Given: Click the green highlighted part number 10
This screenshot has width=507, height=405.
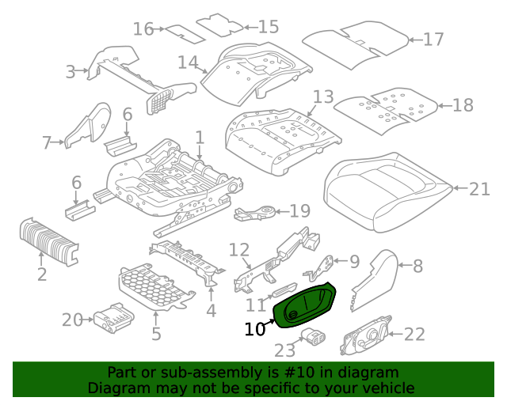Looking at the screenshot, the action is tap(304, 305).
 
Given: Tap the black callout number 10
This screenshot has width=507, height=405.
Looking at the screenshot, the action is tap(255, 329).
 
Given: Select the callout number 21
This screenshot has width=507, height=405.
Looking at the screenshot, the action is tap(479, 189).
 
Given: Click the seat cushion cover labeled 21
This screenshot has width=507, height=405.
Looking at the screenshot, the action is tap(387, 193).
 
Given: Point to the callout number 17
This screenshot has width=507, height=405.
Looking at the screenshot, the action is tap(433, 40).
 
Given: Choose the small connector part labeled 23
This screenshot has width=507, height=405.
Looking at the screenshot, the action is tap(313, 337).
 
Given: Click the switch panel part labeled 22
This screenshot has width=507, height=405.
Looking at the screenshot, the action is tap(366, 335).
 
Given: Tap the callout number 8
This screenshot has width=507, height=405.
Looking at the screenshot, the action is tap(417, 266).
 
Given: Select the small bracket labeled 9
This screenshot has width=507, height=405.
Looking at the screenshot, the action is tap(318, 267).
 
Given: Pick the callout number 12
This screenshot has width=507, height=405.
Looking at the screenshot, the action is tap(239, 250).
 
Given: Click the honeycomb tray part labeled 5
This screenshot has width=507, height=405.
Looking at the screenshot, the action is tap(157, 286).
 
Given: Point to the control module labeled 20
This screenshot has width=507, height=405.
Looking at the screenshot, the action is tap(113, 318).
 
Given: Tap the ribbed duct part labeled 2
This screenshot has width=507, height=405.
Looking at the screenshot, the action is tap(49, 241).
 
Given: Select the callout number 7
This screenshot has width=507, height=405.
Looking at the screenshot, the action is tap(48, 142).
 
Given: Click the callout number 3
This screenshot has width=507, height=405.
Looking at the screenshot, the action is tap(71, 72).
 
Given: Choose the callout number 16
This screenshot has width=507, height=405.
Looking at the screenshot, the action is tap(143, 29).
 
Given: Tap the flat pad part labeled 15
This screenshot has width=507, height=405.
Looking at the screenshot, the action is tap(220, 25).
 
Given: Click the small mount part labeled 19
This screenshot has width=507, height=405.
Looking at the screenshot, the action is tap(255, 213).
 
